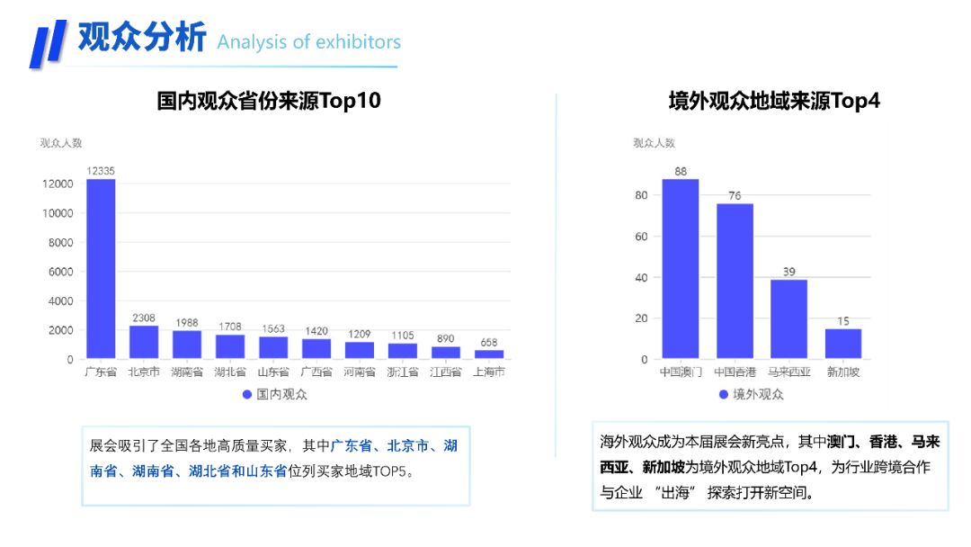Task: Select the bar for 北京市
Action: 144,342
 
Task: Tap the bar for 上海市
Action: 489,354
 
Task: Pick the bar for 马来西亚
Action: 788,318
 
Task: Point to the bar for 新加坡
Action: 842,344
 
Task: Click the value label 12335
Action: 101,171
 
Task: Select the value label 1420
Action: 316,330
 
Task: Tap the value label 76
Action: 735,196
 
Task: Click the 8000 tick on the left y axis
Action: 60,243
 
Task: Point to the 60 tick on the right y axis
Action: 640,237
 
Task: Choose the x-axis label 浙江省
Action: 403,372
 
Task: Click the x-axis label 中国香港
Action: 735,372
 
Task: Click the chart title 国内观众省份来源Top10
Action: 269,101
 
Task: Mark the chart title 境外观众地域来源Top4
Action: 774,101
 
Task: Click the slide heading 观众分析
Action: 142,38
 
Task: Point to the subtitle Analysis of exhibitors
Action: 308,41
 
